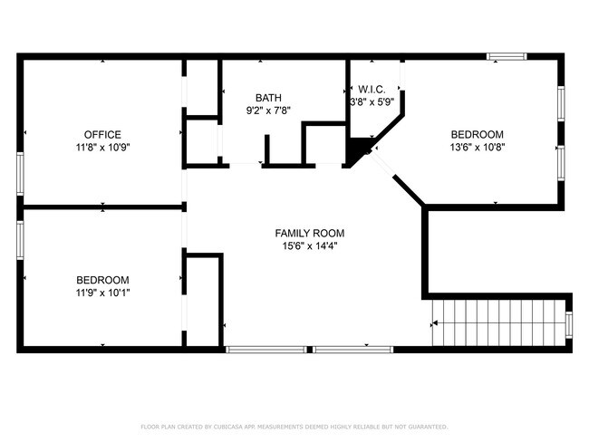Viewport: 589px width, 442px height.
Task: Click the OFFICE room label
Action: point(102,135)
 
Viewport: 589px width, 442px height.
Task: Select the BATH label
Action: point(267,98)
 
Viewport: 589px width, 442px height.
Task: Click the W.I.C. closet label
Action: point(372,90)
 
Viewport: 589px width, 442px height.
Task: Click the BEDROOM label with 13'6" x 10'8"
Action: point(477,134)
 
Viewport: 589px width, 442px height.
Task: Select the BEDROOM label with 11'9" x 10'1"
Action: point(102,280)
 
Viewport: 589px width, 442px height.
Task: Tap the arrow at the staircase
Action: point(437,322)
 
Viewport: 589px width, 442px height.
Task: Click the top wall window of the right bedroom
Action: point(506,57)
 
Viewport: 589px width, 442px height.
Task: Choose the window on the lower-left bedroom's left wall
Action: point(20,241)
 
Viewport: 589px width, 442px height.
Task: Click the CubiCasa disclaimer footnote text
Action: point(294,426)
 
